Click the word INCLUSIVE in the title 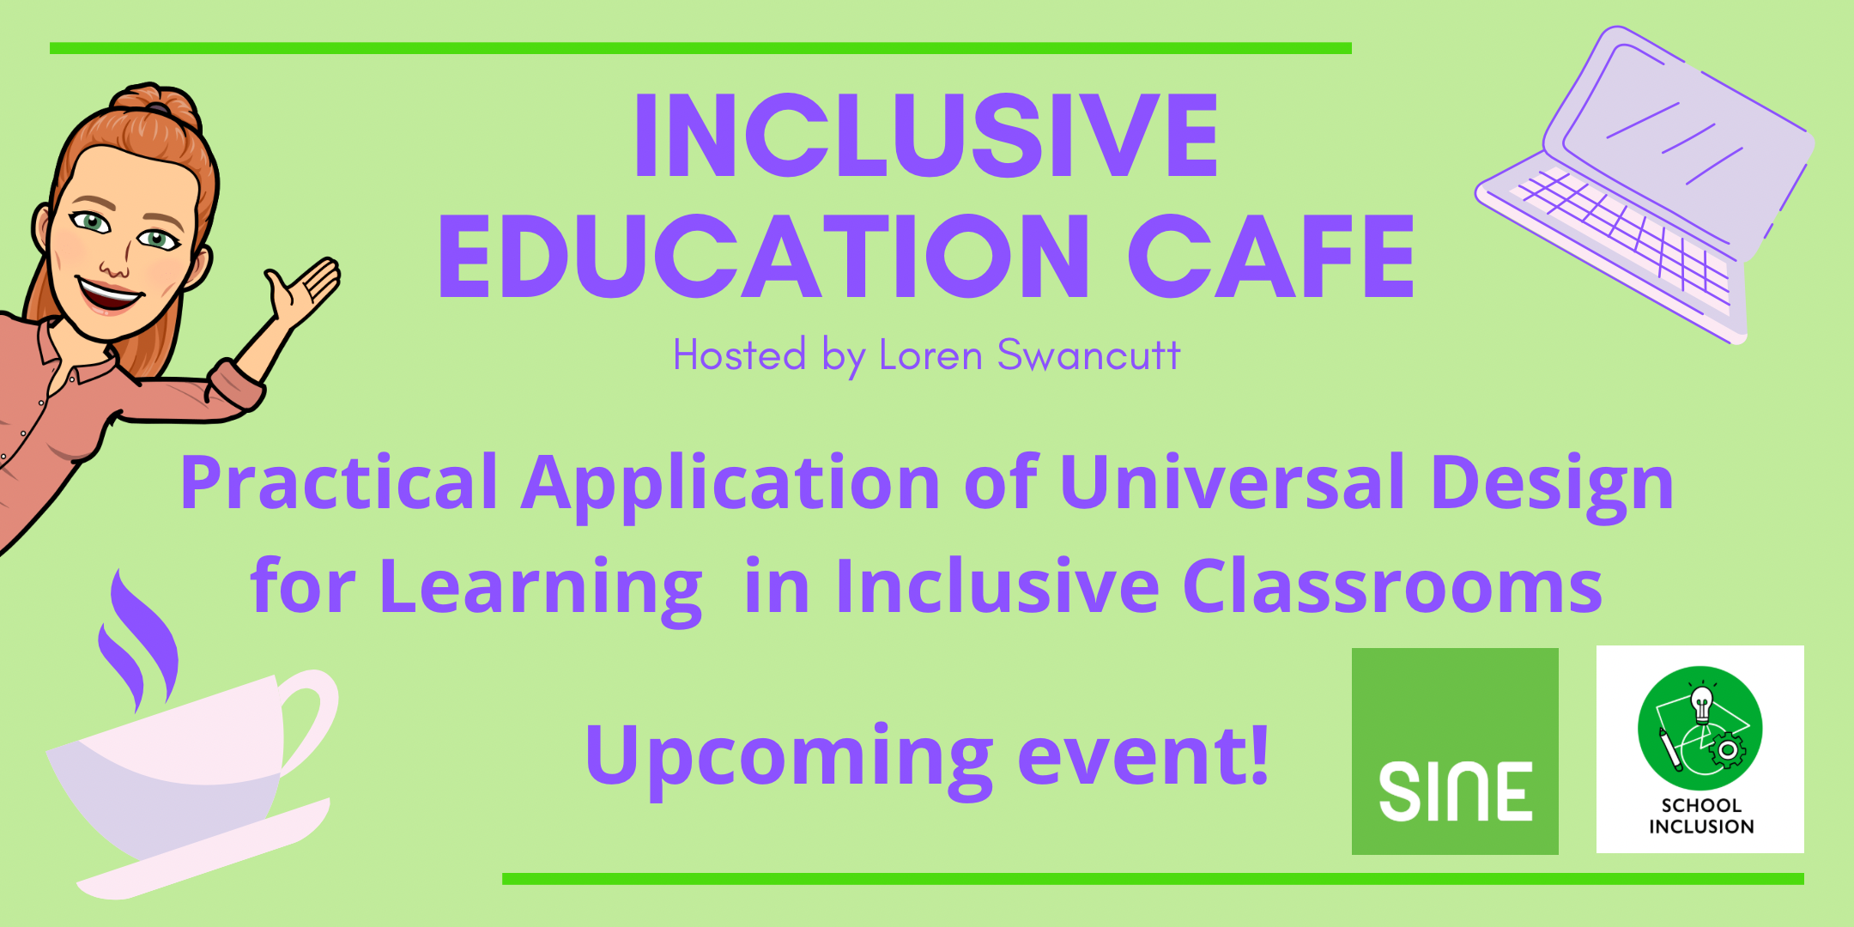click(925, 136)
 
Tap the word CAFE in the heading click(1270, 257)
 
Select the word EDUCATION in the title click(764, 257)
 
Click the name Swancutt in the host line click(1088, 355)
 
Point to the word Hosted click(739, 355)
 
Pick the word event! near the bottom click(1142, 755)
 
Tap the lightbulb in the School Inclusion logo click(1700, 706)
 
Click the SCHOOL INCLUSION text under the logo click(1700, 816)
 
